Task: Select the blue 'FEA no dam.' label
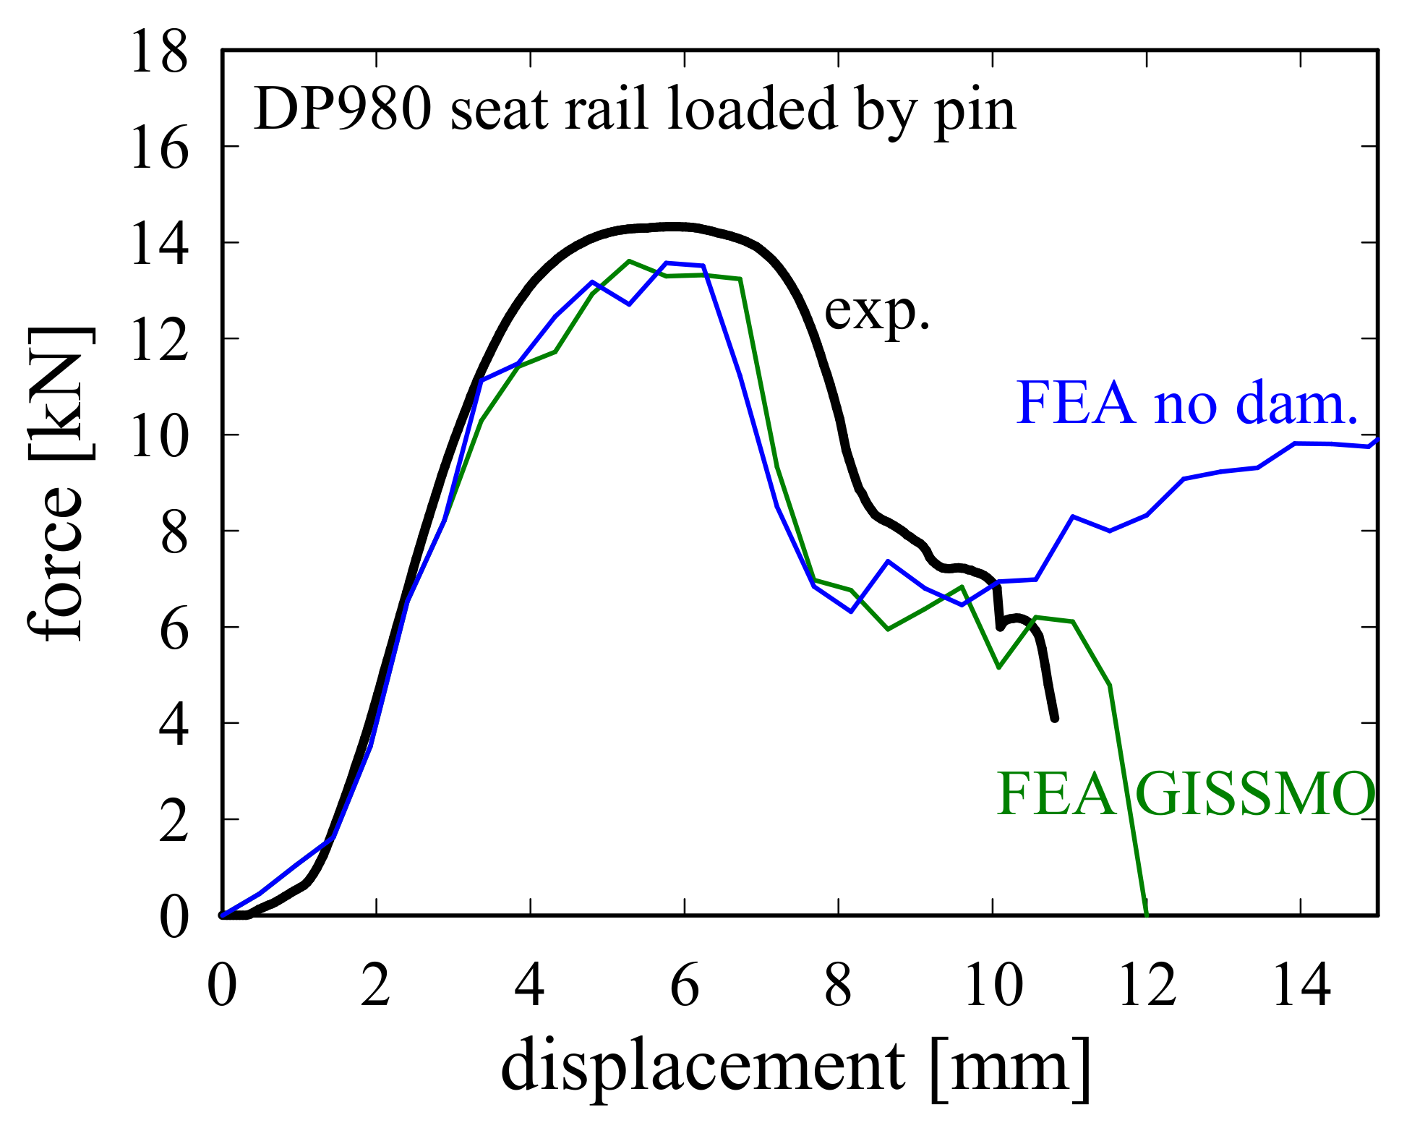point(1187,403)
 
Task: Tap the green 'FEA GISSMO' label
point(1186,794)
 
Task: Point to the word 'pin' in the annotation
point(975,112)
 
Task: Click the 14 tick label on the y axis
point(159,244)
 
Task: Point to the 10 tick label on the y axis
point(159,436)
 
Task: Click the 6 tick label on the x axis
point(685,985)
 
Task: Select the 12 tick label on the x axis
point(1147,985)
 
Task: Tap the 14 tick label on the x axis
point(1301,985)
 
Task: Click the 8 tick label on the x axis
point(839,985)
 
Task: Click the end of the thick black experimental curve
point(1055,718)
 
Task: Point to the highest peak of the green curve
point(629,261)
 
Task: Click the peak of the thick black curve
point(672,227)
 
